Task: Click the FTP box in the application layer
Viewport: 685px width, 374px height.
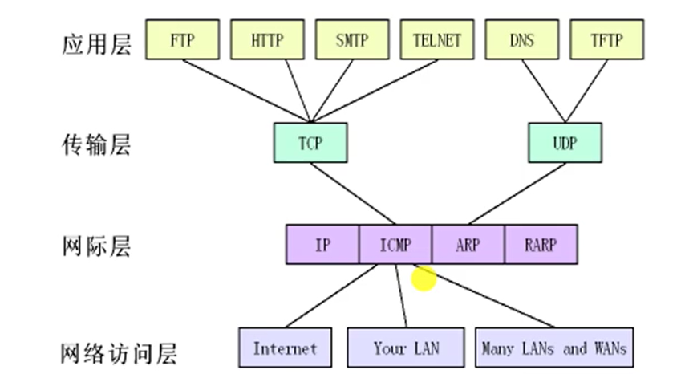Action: tap(182, 39)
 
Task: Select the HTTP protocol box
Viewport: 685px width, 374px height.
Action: tap(267, 39)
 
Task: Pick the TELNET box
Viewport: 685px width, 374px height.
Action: tap(437, 39)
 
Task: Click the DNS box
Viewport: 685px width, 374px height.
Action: tap(522, 39)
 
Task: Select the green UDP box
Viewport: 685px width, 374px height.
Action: tap(565, 144)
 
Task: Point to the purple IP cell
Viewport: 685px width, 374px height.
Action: tap(322, 245)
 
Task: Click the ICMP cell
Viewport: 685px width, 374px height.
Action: tap(395, 245)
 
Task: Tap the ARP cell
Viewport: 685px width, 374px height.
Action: tap(468, 245)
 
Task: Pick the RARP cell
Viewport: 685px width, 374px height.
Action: tap(540, 245)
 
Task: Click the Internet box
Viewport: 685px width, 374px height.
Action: tap(285, 348)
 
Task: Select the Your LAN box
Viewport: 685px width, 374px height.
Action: tap(406, 348)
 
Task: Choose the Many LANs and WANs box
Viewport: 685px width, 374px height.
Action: tap(553, 348)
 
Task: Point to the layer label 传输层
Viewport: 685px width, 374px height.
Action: tap(95, 145)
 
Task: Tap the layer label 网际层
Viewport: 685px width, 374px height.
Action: tap(95, 246)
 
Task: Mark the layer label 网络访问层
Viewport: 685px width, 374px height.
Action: tap(120, 352)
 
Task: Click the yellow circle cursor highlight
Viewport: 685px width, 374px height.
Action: tap(424, 278)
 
